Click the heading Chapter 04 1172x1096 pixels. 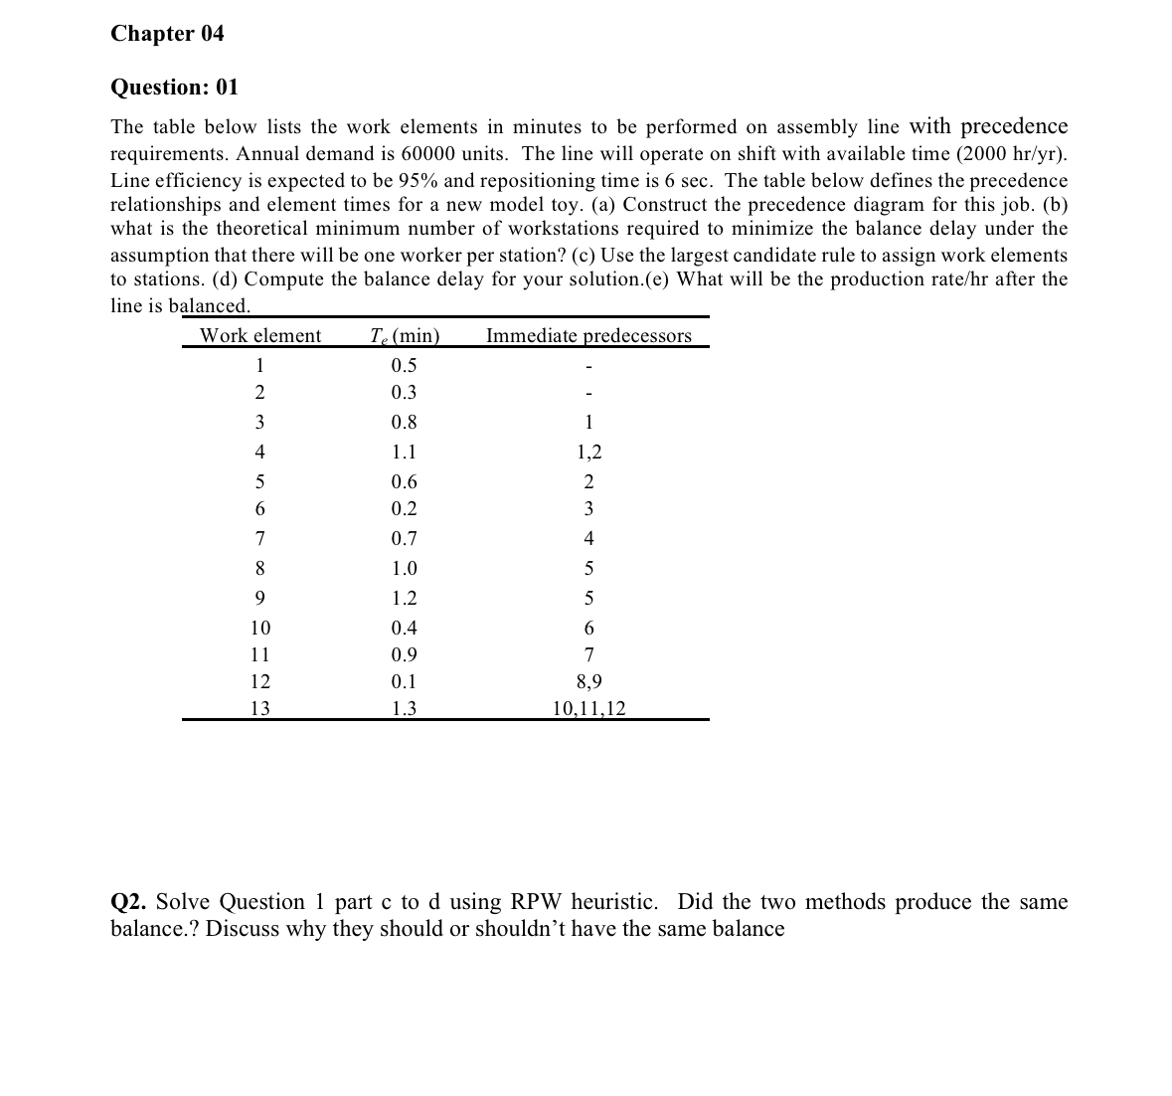click(167, 34)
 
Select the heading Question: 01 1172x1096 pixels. click(174, 88)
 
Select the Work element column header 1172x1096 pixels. click(260, 336)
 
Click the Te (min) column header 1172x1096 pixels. click(404, 336)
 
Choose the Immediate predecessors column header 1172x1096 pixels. click(588, 336)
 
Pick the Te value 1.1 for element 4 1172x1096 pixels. click(404, 453)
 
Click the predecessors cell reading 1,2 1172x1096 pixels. click(588, 453)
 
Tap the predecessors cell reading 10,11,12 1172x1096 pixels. click(588, 709)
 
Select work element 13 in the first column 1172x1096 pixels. click(259, 709)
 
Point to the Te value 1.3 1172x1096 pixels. click(404, 709)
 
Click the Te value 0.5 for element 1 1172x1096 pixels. click(404, 365)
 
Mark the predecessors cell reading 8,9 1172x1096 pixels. click(588, 682)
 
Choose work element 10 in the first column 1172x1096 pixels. click(259, 629)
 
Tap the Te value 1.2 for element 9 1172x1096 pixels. click(404, 599)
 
